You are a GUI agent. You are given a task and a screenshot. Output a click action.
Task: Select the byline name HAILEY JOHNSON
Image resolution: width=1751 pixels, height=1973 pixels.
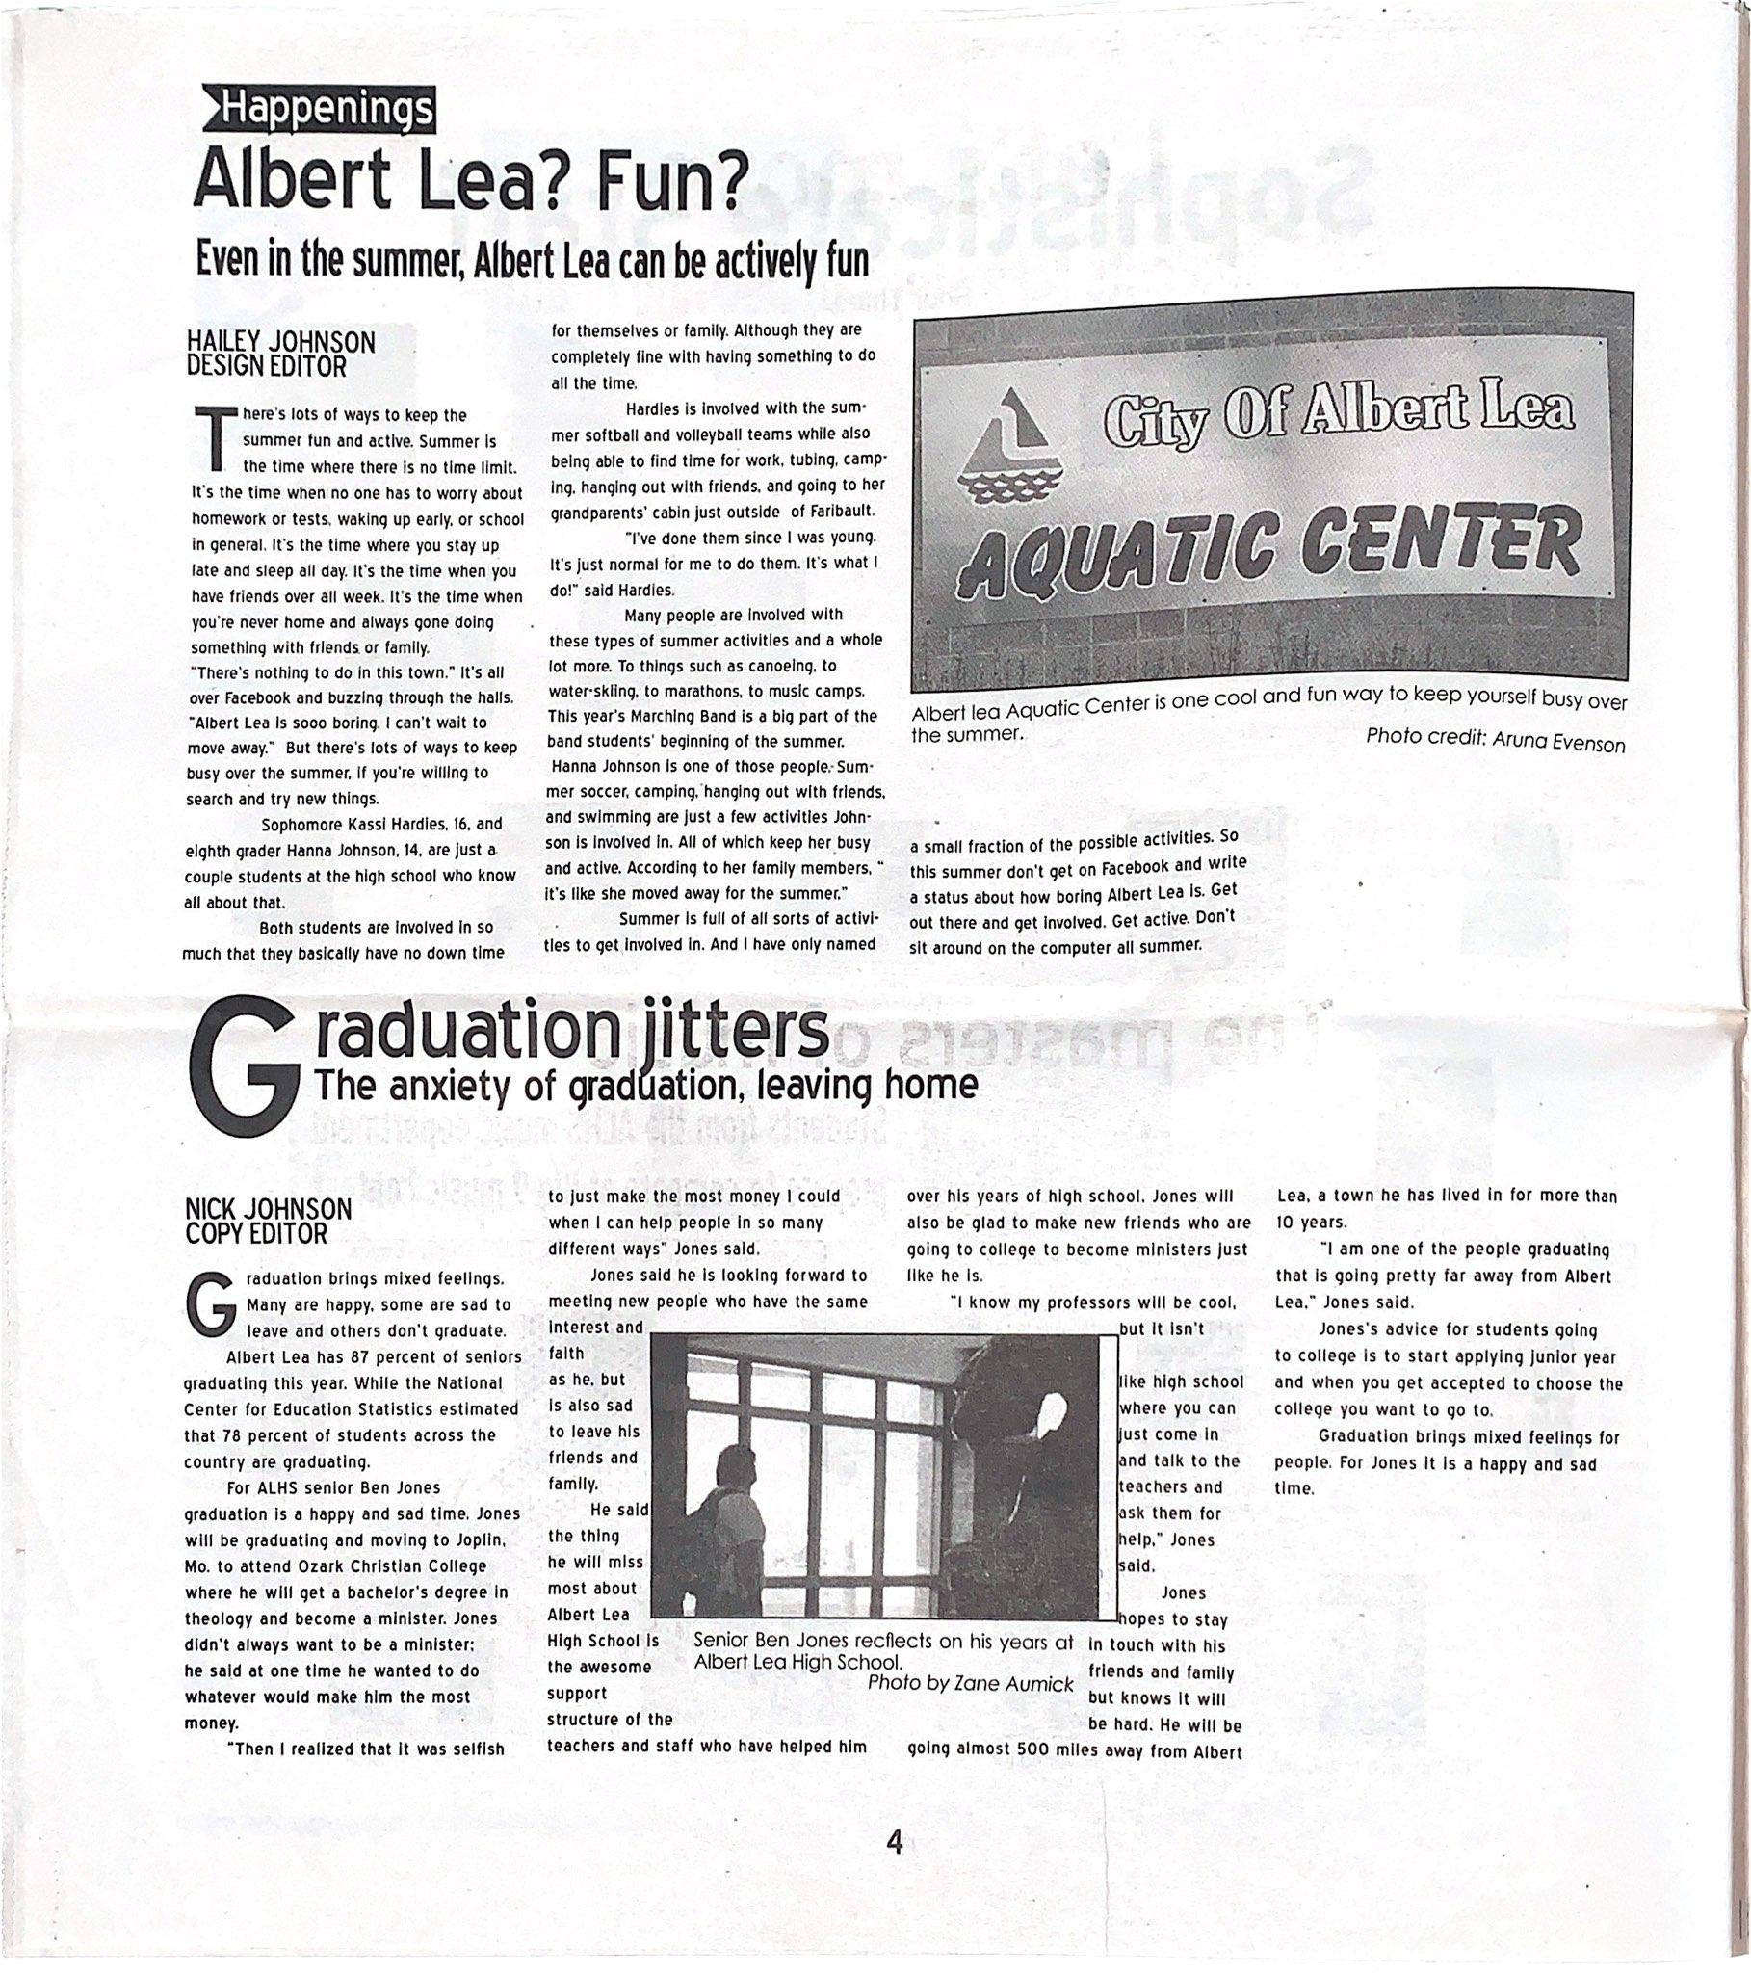coord(281,343)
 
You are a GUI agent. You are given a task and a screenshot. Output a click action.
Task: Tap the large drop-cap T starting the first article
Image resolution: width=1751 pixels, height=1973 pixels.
coord(214,437)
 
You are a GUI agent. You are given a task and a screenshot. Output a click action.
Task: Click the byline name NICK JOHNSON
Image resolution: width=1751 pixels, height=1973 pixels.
coord(269,1209)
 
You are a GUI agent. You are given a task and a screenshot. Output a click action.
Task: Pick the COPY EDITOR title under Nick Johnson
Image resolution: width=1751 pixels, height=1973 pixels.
coord(256,1234)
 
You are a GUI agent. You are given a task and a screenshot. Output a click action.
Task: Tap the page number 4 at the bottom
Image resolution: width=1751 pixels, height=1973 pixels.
coord(894,1844)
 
